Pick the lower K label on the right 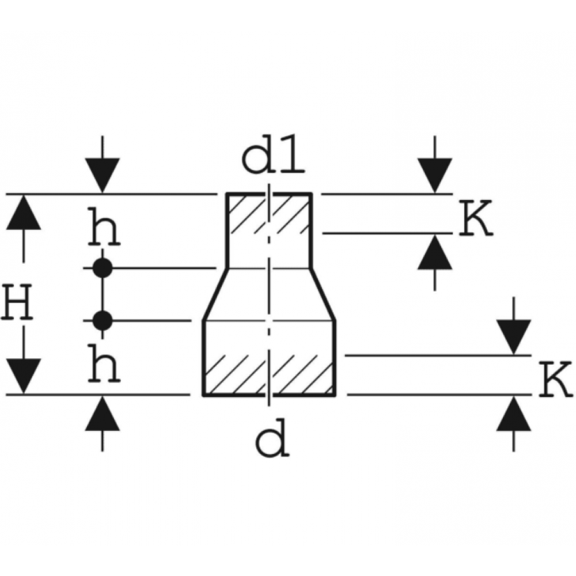556,379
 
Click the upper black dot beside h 103,268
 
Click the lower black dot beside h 103,320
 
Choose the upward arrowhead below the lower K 514,414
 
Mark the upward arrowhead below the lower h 103,414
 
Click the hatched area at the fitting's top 268,214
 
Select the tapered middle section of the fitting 268,294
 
